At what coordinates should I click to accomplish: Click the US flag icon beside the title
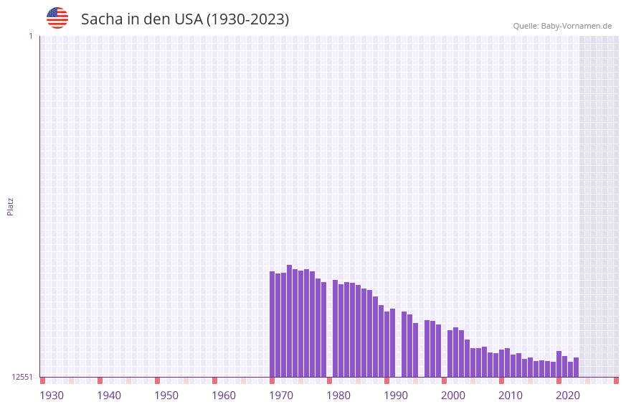[x=57, y=18]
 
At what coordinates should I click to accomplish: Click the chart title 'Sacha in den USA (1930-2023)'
[x=185, y=19]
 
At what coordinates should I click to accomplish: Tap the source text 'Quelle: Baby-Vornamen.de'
[x=562, y=26]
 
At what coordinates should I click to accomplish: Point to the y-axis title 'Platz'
[x=10, y=206]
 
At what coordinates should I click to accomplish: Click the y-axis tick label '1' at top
[x=30, y=36]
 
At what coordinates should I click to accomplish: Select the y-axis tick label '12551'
[x=22, y=377]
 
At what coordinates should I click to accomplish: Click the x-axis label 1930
[x=52, y=396]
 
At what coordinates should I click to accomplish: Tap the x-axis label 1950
[x=166, y=396]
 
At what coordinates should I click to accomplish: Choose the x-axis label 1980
[x=338, y=396]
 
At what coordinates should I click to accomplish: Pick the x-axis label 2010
[x=511, y=396]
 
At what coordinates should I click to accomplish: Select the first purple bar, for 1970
[x=272, y=324]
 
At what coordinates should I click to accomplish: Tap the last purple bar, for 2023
[x=576, y=367]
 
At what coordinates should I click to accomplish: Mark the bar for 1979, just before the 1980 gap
[x=323, y=329]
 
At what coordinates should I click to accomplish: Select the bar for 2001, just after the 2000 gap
[x=450, y=353]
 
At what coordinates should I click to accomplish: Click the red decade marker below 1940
[x=100, y=380]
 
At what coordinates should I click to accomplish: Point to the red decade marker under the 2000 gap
[x=444, y=380]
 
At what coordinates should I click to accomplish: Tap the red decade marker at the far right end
[x=616, y=380]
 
